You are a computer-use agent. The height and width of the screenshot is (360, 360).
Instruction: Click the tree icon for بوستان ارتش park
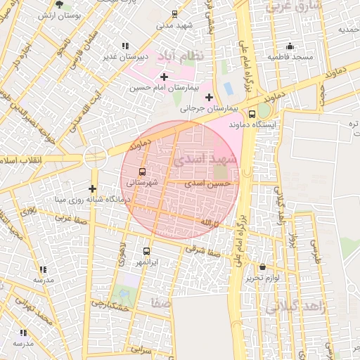point(59,4)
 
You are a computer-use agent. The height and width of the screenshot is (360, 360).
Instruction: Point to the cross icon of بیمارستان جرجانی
point(208,97)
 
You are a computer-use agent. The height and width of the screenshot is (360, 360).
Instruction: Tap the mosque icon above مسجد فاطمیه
point(290,46)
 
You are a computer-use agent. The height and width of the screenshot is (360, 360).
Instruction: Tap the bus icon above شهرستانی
point(143,172)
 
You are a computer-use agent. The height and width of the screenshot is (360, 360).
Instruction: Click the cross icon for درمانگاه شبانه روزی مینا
point(92,188)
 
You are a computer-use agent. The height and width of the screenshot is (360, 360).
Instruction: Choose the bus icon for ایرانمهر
point(147,251)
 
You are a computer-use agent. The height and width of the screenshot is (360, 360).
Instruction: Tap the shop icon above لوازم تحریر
point(263,267)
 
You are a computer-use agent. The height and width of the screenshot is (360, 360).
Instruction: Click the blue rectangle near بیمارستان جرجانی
point(228,89)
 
